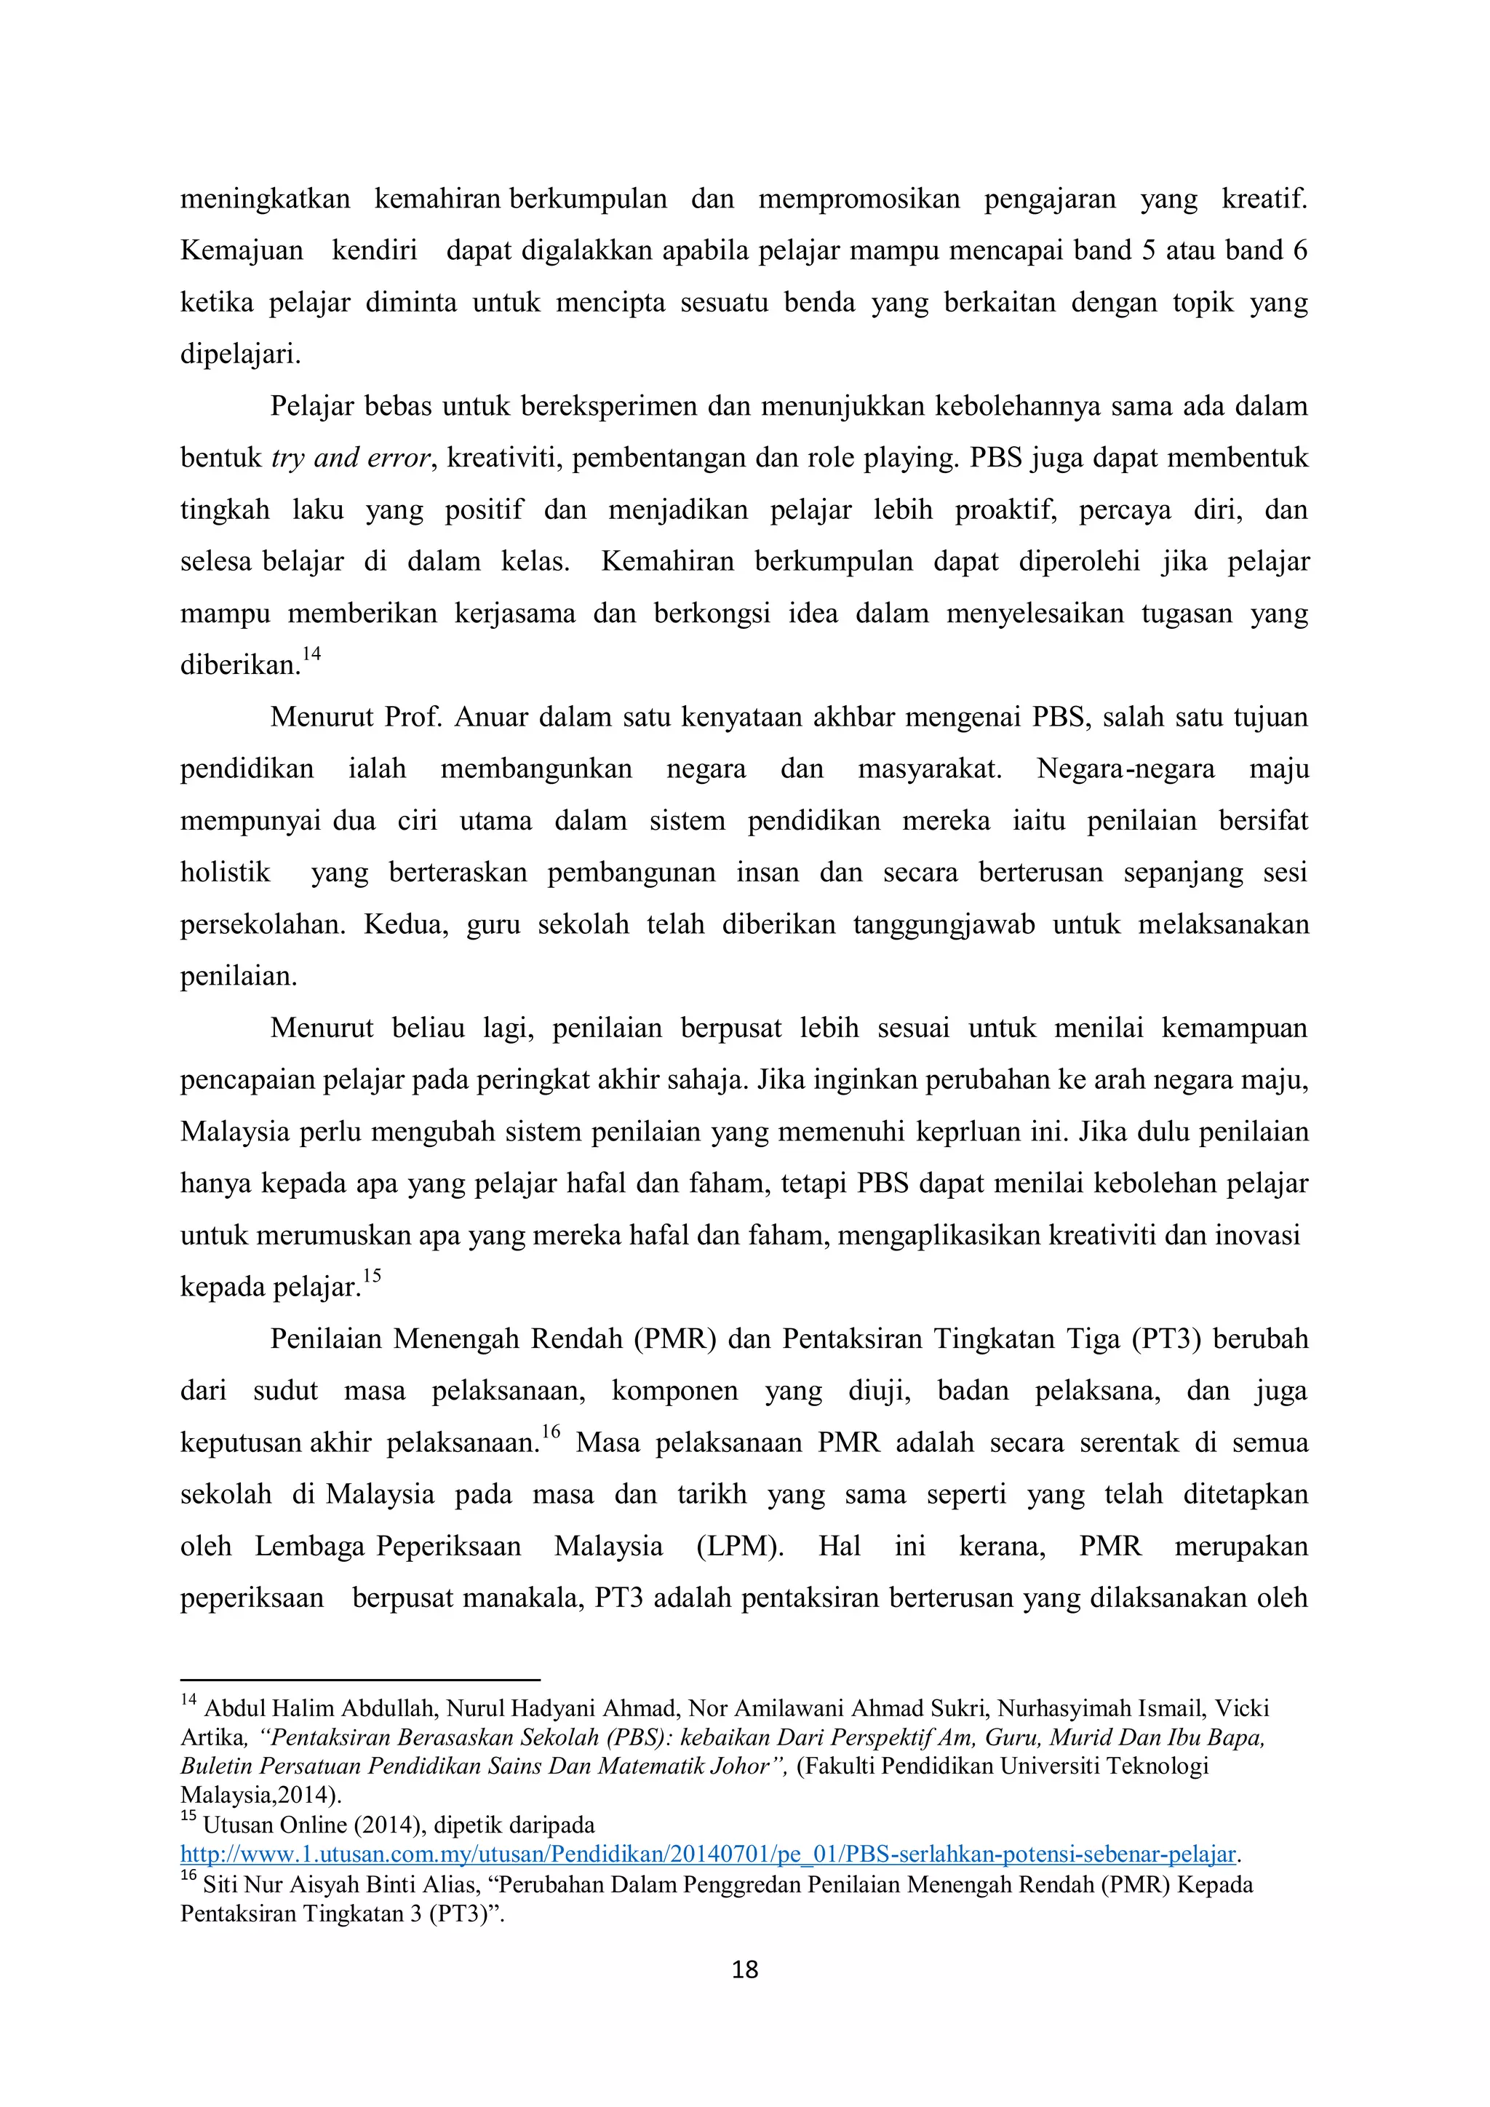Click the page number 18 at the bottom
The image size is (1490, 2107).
point(744,1969)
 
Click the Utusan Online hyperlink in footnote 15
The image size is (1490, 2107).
point(709,1854)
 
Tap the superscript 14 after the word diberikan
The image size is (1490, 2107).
point(312,654)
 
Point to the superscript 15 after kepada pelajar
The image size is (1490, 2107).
point(372,1277)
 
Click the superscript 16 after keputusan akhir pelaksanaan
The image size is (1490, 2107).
point(551,1432)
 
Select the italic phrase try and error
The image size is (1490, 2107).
point(351,458)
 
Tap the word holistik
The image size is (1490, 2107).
point(225,872)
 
